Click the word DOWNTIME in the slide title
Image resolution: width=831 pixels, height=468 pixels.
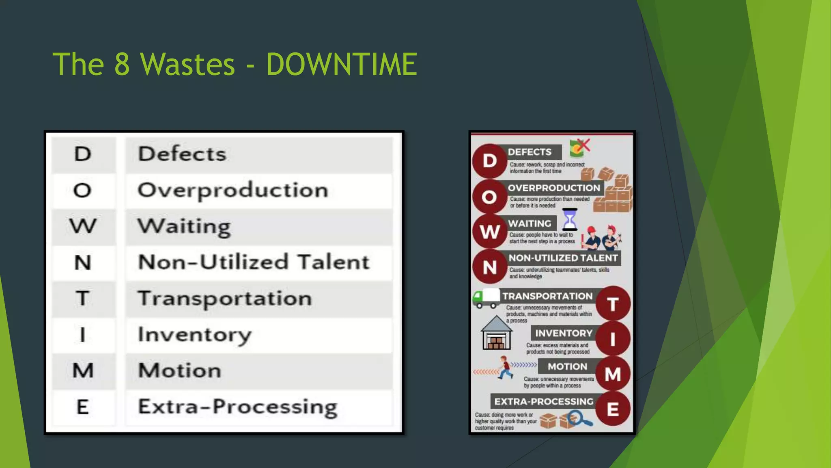(341, 64)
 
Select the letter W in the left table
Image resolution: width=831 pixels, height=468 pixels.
(83, 226)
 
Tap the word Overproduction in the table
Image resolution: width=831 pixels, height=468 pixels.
(233, 190)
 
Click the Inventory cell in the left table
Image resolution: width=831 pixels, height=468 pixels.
(194, 335)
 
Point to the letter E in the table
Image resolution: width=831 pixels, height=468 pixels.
(83, 407)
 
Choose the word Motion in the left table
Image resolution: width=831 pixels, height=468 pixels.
(180, 370)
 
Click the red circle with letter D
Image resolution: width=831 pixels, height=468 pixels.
(490, 161)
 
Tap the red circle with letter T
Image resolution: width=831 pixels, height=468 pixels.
(613, 304)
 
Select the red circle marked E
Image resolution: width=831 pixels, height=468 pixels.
(613, 409)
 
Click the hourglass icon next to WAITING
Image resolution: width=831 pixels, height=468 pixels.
(570, 219)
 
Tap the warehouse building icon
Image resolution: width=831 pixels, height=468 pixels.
(496, 333)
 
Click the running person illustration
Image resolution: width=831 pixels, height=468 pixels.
(505, 367)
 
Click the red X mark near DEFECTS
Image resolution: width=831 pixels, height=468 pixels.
(583, 145)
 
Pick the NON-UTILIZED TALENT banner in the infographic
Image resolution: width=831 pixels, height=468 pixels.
(563, 258)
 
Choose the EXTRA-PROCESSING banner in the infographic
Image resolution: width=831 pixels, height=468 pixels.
(544, 402)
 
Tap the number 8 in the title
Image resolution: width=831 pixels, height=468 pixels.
(122, 64)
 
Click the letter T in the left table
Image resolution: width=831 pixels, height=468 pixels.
(83, 298)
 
